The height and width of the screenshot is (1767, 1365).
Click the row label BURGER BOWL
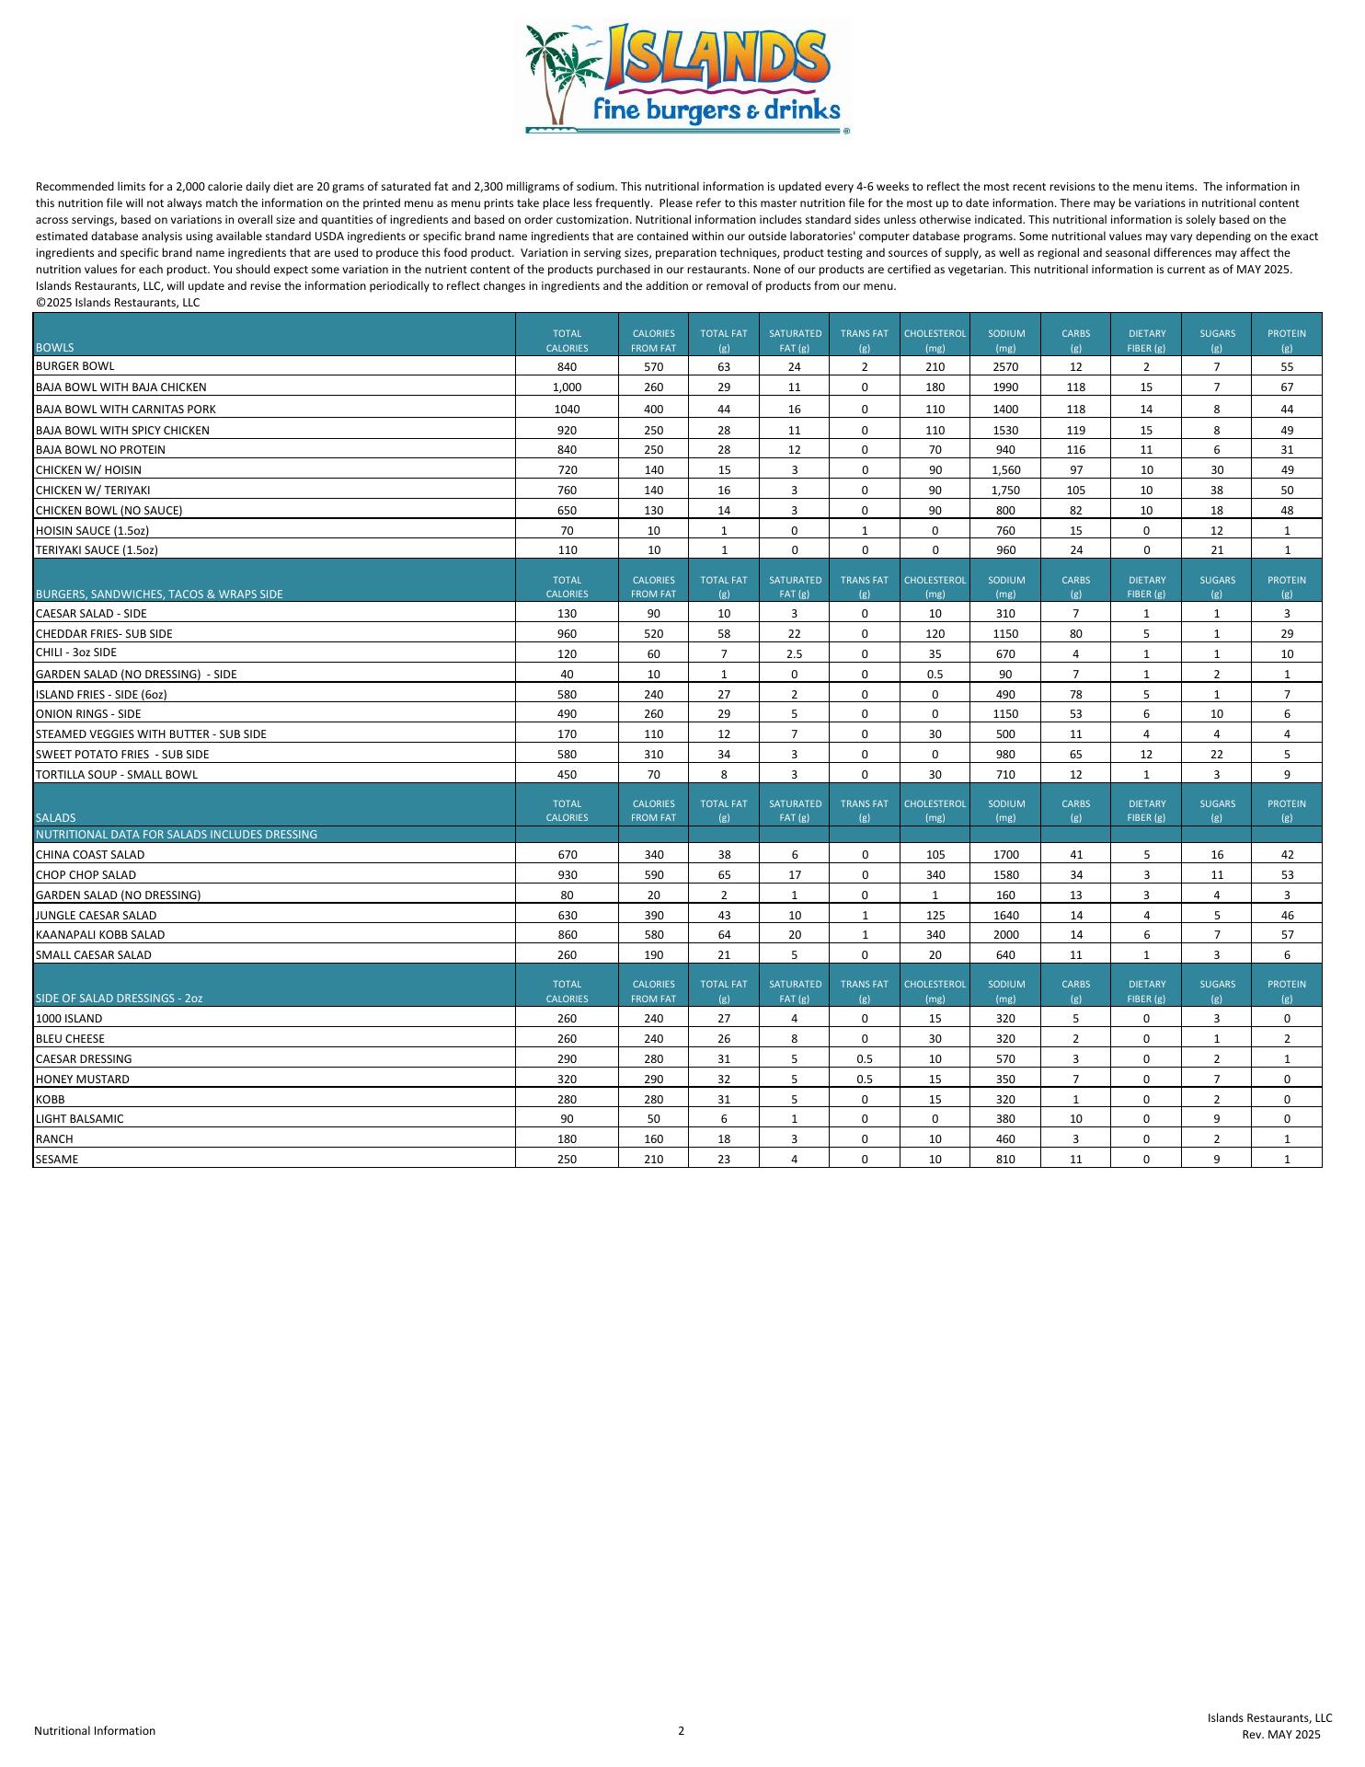(x=75, y=366)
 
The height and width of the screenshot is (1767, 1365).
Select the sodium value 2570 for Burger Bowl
(x=1005, y=367)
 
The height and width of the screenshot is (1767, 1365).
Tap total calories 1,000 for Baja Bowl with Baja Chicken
(x=567, y=387)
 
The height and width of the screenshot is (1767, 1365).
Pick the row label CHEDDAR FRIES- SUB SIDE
(x=104, y=634)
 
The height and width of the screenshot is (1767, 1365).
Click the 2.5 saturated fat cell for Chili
(x=794, y=654)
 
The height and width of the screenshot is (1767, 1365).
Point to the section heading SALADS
(x=56, y=817)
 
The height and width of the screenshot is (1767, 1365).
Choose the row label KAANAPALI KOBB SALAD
(x=100, y=935)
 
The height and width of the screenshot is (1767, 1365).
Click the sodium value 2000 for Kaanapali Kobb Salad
(x=1005, y=935)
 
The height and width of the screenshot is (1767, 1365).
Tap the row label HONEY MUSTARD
(x=82, y=1080)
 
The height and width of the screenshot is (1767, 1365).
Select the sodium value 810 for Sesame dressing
(x=1005, y=1160)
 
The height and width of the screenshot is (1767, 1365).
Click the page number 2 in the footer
(x=682, y=1730)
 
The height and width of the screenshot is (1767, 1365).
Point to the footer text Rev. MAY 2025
(x=1280, y=1735)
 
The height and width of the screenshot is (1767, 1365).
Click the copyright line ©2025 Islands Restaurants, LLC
(x=118, y=303)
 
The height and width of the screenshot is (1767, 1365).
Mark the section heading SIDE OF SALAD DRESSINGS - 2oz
(x=119, y=999)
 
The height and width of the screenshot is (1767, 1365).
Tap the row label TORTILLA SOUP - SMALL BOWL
(x=116, y=775)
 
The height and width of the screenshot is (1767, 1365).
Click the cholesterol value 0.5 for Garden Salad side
(x=935, y=675)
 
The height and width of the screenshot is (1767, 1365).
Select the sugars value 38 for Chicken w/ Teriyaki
(x=1216, y=491)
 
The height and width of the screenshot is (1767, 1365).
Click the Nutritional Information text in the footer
(x=95, y=1731)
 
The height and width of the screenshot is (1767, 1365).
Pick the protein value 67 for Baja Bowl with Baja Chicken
(x=1286, y=387)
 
